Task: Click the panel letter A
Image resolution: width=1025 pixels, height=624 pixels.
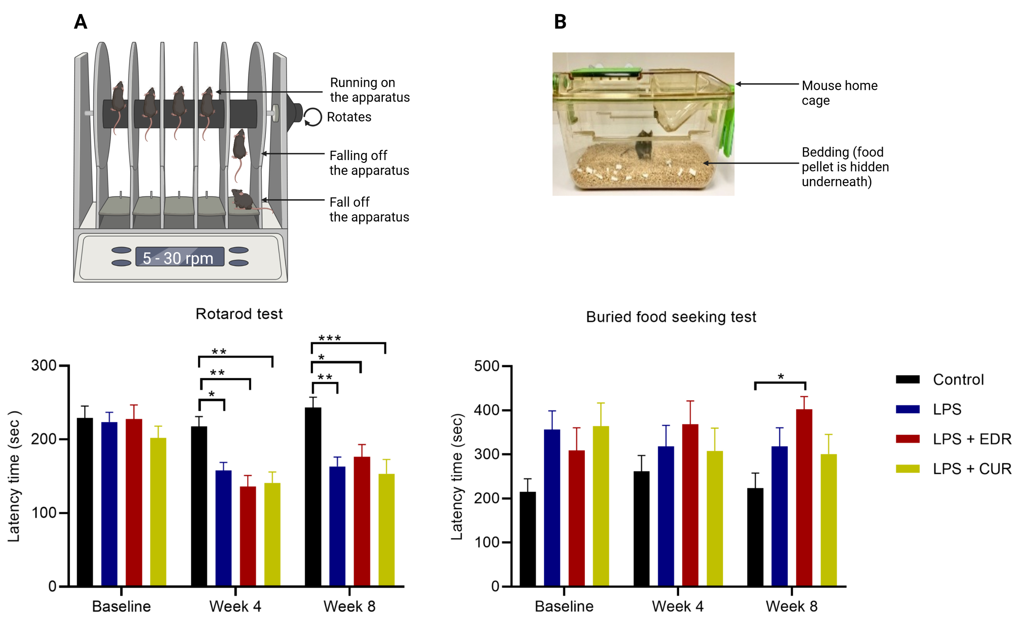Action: [81, 22]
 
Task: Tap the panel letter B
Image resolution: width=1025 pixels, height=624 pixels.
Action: [560, 22]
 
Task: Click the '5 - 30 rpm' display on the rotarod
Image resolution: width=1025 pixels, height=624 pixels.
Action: [179, 257]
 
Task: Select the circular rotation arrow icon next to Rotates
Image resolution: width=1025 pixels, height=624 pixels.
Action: [312, 117]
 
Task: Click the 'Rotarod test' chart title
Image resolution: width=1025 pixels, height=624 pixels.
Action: [239, 314]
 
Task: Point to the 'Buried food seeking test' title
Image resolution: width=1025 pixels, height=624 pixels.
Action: [671, 317]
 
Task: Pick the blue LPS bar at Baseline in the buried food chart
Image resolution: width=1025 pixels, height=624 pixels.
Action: [552, 508]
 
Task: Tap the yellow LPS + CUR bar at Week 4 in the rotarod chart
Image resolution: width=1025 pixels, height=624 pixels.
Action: [272, 535]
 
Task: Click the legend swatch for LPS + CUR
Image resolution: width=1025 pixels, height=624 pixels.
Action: [907, 469]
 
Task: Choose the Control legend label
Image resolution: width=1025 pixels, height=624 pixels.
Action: [958, 380]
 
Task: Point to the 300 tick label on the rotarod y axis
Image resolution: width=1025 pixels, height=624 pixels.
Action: [44, 366]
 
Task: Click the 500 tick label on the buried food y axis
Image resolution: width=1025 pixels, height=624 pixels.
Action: [486, 366]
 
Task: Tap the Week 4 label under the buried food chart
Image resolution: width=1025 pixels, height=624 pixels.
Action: [677, 606]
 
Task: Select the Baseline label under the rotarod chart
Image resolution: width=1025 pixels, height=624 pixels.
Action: [121, 606]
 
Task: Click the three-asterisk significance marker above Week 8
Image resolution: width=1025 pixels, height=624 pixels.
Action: [329, 338]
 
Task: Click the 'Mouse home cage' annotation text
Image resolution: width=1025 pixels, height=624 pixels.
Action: [839, 93]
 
